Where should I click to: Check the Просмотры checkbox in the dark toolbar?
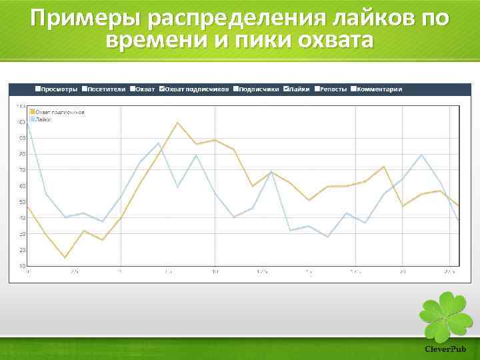pyautogui.click(x=37, y=89)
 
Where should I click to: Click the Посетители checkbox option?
pyautogui.click(x=84, y=89)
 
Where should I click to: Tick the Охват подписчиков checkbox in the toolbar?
pyautogui.click(x=161, y=89)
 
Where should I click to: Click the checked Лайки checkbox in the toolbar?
pyautogui.click(x=287, y=89)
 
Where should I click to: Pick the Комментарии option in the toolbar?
pyautogui.click(x=353, y=89)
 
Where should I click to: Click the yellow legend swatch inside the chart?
pyautogui.click(x=32, y=112)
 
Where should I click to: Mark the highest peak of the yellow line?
pyautogui.click(x=177, y=123)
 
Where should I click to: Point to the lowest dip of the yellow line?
pyautogui.click(x=65, y=257)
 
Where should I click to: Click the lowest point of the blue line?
pyautogui.click(x=327, y=237)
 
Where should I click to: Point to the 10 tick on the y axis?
pyautogui.click(x=22, y=266)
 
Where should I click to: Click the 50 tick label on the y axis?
pyautogui.click(x=22, y=202)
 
